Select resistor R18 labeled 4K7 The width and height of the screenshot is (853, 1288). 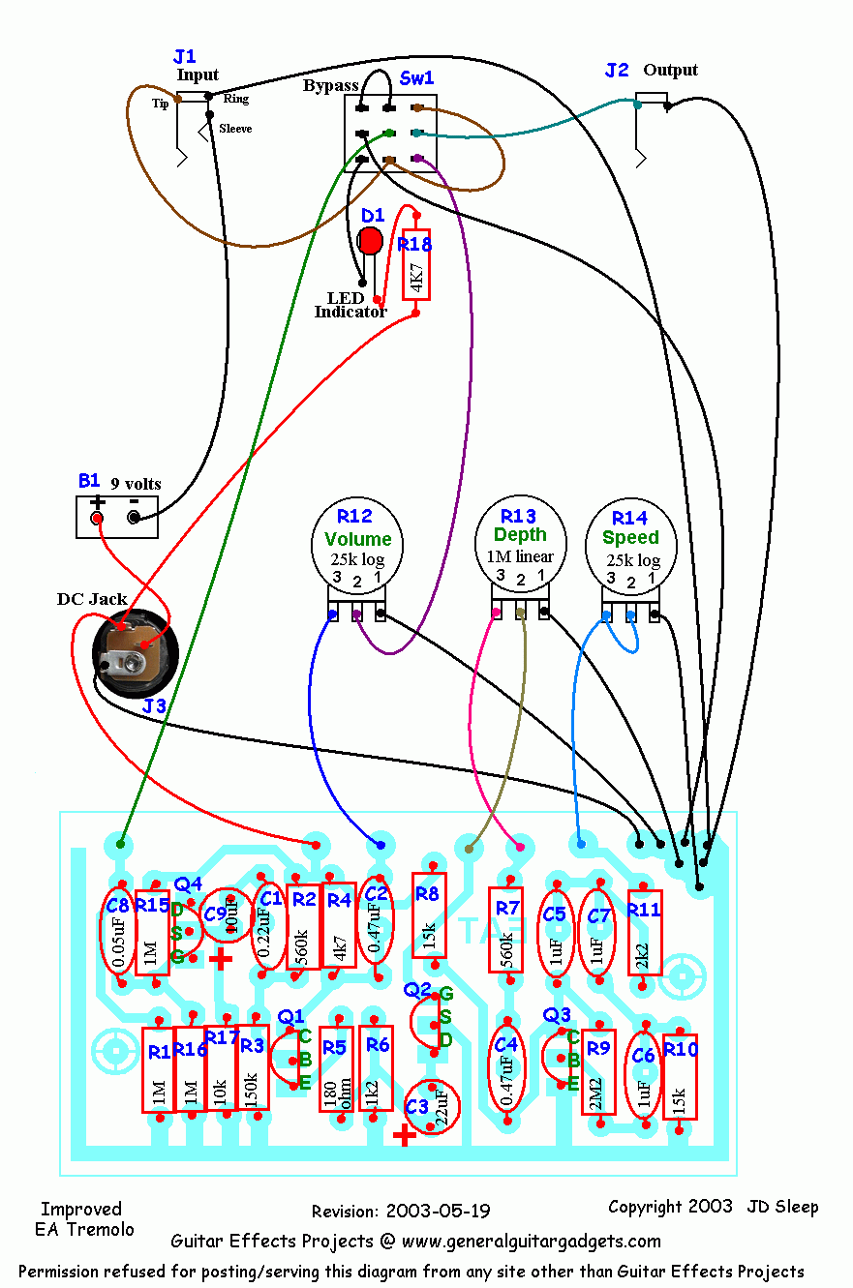click(415, 268)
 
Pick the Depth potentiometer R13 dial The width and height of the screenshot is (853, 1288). click(520, 547)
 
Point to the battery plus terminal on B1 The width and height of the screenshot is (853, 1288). click(97, 518)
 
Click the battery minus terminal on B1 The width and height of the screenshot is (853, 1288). click(135, 518)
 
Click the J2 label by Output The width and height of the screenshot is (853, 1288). click(617, 70)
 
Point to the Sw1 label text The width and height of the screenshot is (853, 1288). click(416, 77)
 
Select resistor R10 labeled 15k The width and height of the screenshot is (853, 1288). click(681, 1077)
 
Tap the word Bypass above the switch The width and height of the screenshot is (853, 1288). click(331, 86)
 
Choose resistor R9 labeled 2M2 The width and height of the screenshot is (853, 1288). click(598, 1072)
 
